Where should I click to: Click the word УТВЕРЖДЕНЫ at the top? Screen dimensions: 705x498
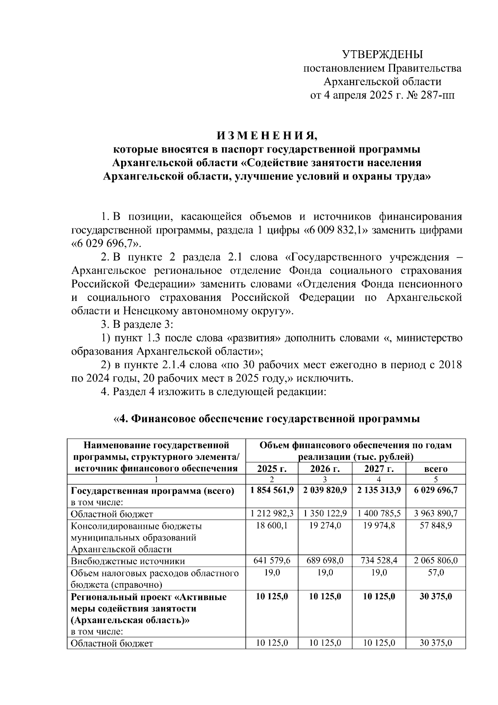click(382, 54)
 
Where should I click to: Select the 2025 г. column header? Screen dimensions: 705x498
click(272, 469)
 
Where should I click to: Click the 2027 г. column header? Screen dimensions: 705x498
click(379, 469)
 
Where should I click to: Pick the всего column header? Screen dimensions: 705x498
click(435, 469)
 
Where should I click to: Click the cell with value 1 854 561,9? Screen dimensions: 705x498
click(272, 490)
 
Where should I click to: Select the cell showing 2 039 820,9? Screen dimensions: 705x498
click(325, 490)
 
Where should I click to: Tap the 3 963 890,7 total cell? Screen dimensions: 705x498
click(435, 513)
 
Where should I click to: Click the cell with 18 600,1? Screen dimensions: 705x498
click(272, 526)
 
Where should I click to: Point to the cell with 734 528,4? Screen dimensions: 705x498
click(379, 561)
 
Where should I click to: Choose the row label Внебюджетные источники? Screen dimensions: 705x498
click(128, 561)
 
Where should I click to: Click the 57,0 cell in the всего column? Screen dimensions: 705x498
click(435, 573)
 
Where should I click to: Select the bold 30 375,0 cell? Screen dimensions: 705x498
click(435, 597)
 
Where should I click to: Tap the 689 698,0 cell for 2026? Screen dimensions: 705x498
click(325, 561)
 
